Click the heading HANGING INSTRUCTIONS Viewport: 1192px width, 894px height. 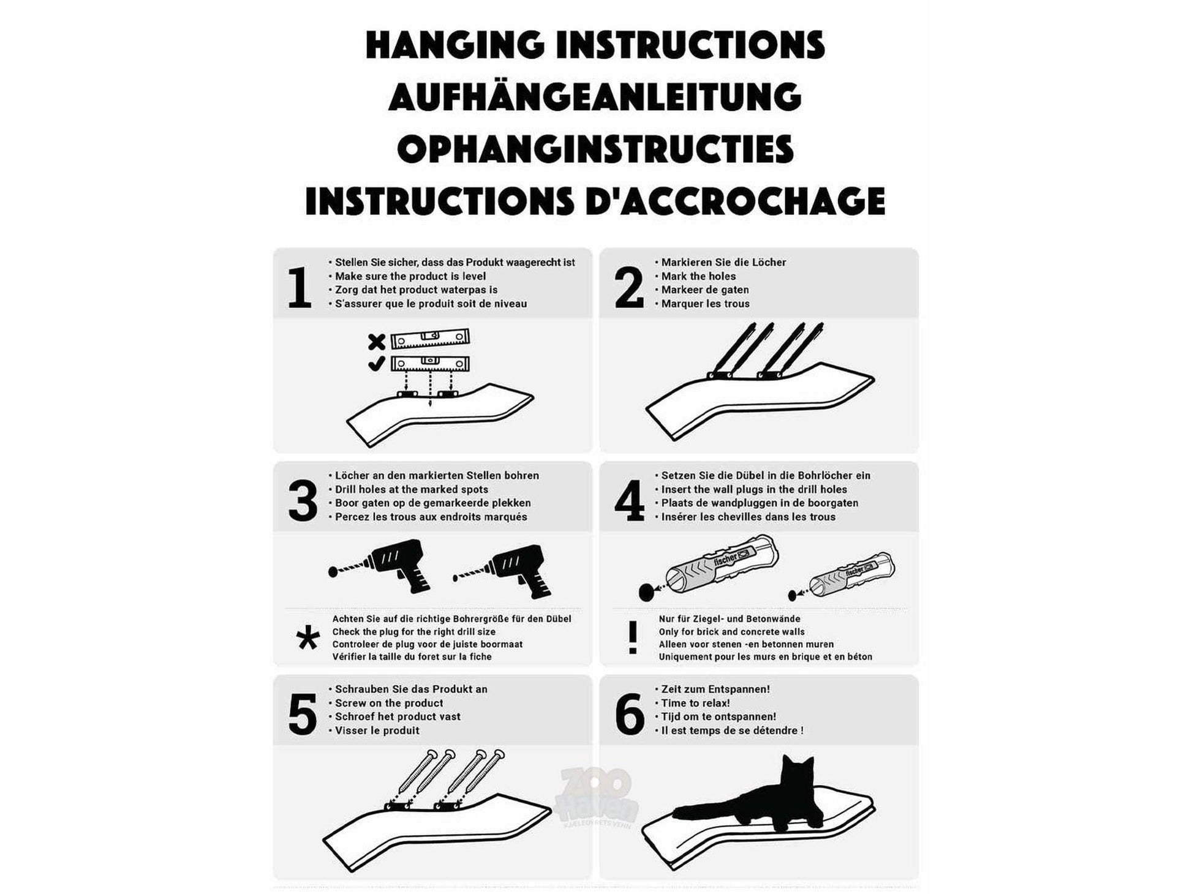[x=595, y=45]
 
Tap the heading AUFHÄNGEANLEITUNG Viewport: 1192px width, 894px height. [x=595, y=97]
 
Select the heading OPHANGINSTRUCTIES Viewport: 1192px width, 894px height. [x=595, y=149]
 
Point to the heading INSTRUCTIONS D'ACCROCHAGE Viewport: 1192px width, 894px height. [x=595, y=201]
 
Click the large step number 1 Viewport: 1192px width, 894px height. [x=300, y=287]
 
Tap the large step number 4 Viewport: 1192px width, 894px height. [x=629, y=500]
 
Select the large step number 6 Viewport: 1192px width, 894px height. [x=630, y=714]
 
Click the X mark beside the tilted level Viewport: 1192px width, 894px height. [x=377, y=342]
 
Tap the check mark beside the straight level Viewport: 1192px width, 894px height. [x=376, y=364]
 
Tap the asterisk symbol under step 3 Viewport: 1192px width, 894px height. [x=307, y=638]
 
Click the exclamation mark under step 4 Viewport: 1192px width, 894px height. [x=633, y=637]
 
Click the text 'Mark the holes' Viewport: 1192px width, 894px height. [x=698, y=276]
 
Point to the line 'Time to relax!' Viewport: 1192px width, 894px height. [x=695, y=703]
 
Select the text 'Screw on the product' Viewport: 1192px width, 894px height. [x=389, y=703]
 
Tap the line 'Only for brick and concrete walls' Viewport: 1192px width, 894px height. [x=732, y=632]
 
